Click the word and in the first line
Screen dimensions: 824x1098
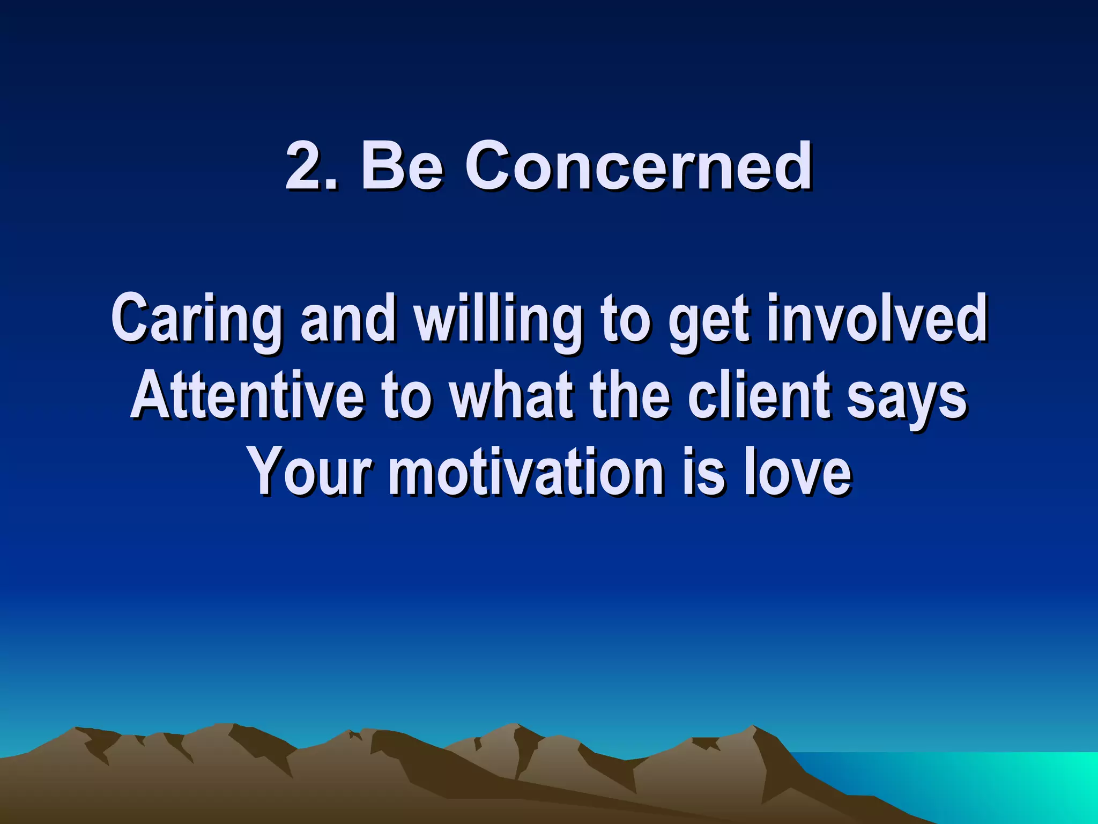tap(347, 320)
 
